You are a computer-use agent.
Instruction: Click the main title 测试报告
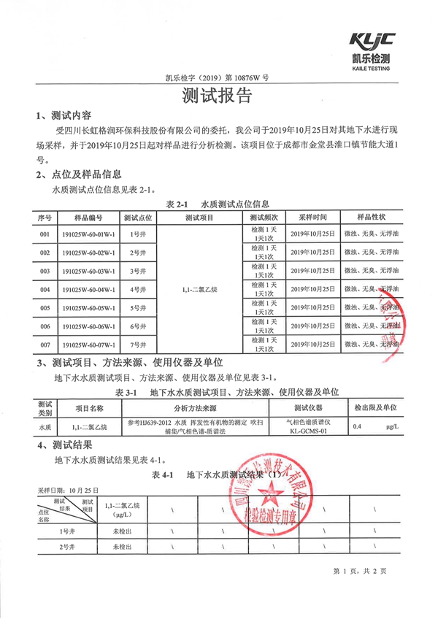218,96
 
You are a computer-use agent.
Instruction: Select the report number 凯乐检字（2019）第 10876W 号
218,79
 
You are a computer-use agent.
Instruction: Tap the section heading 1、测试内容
64,115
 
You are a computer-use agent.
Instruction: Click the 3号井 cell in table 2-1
137,271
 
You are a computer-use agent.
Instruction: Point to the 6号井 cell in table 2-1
137,326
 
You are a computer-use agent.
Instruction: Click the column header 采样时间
312,218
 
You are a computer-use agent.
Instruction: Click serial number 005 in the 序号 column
45,307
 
